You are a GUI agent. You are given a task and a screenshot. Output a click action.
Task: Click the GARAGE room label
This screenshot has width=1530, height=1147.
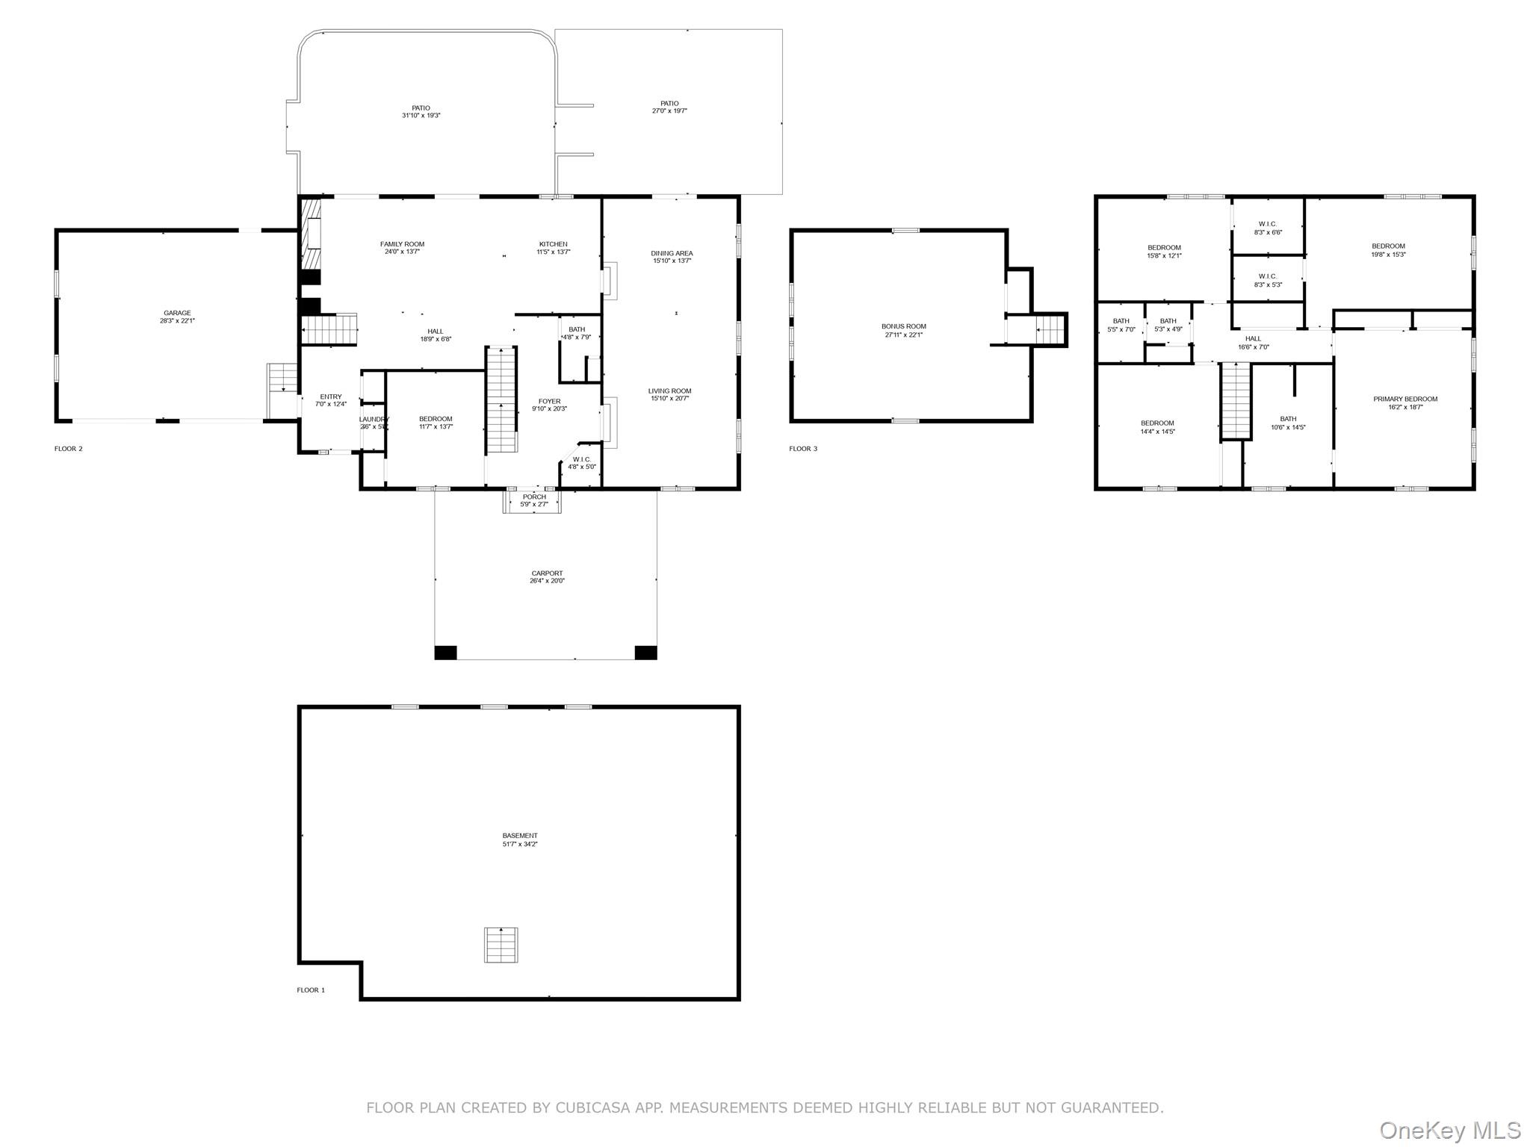[x=178, y=317]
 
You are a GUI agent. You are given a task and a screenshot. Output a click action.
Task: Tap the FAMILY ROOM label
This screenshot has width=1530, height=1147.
[x=402, y=248]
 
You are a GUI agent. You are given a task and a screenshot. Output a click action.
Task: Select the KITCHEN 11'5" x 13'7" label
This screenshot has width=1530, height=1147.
[x=553, y=248]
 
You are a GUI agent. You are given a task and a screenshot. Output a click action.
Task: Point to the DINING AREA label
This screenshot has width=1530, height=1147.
[x=672, y=257]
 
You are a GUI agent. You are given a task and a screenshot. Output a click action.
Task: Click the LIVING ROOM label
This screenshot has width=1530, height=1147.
[x=669, y=394]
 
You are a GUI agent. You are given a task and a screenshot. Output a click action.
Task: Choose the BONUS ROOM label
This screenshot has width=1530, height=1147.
[x=903, y=330]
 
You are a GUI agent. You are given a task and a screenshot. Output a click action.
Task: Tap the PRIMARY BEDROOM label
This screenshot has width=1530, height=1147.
[x=1404, y=402]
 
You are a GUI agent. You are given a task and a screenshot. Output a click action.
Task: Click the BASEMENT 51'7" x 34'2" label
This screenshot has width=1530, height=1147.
[x=519, y=839]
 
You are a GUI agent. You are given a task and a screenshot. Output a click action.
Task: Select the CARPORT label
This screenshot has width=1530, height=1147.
[x=547, y=576]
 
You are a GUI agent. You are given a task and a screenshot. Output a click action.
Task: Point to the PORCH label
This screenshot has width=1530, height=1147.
[x=534, y=500]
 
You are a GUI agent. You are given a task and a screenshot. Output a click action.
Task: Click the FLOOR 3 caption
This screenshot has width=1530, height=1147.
[x=803, y=449]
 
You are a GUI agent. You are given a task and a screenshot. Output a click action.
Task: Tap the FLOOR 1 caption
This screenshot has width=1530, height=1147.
[x=311, y=990]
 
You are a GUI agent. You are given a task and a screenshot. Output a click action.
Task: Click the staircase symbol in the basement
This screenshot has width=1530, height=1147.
[x=501, y=945]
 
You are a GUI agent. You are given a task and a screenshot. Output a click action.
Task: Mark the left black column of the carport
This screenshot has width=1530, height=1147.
[x=445, y=652]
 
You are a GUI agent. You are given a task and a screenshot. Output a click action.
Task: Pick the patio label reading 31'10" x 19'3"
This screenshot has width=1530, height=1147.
[x=421, y=111]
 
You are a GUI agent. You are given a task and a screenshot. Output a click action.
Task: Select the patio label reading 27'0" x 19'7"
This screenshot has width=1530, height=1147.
[x=669, y=107]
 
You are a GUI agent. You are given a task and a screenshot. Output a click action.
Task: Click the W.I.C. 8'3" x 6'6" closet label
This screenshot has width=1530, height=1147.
[x=1268, y=228]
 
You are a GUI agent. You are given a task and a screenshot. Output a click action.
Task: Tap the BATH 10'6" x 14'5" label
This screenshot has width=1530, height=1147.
[x=1288, y=423]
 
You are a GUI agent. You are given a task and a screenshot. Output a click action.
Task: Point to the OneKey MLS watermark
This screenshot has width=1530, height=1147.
[x=1450, y=1130]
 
